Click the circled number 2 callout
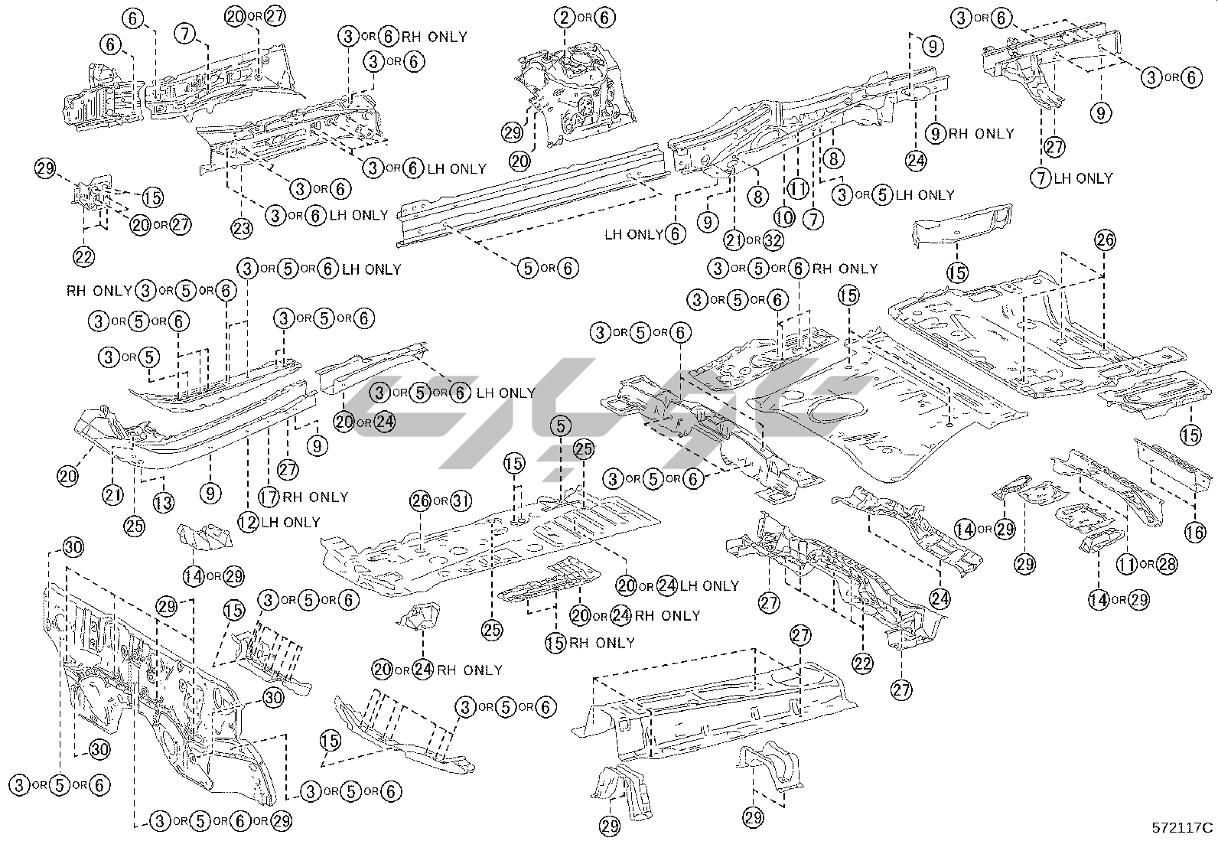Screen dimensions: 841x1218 click(565, 17)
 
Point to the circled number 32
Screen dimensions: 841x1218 click(773, 240)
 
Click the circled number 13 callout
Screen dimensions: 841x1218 click(163, 502)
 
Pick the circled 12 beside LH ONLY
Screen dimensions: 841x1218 click(248, 522)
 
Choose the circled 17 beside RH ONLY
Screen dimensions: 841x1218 click(269, 497)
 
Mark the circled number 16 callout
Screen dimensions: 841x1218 click(1195, 531)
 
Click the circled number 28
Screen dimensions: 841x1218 click(1167, 565)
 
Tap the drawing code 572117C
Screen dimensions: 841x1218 click(1183, 827)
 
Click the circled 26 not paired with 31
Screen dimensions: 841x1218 click(1104, 240)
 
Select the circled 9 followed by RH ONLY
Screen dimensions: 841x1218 click(935, 133)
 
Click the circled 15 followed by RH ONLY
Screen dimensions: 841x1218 click(555, 643)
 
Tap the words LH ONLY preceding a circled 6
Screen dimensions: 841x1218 click(635, 234)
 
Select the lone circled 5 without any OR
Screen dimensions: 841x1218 click(561, 425)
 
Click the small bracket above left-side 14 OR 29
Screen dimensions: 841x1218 click(205, 535)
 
